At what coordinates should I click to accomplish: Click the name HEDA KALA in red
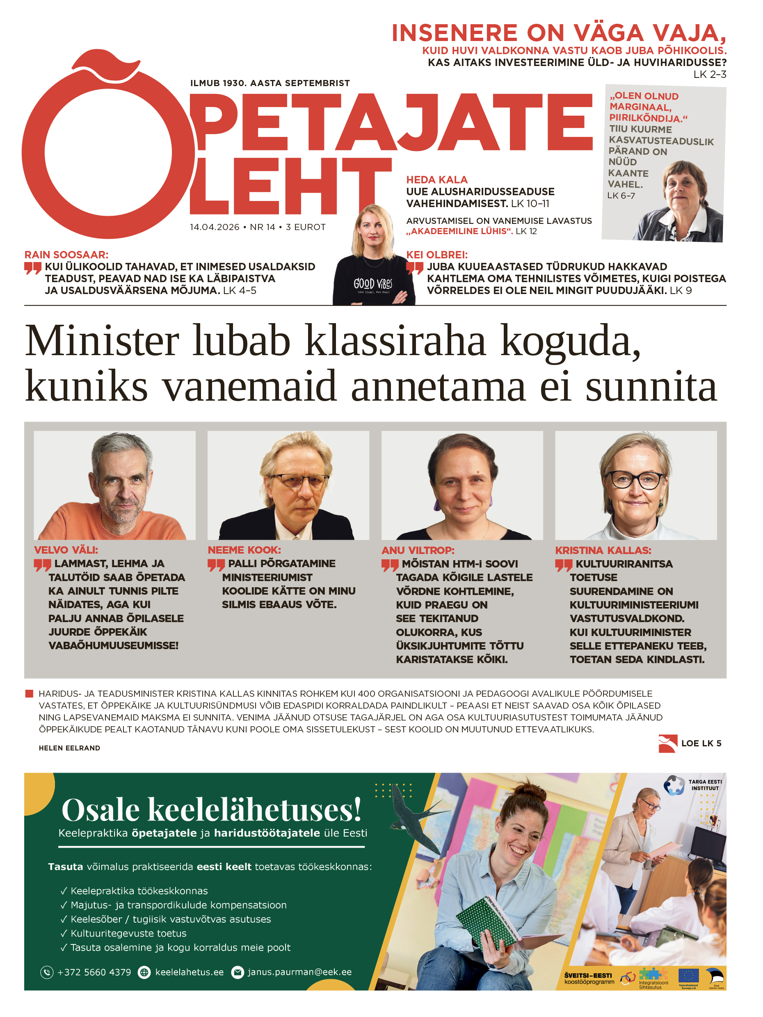click(436, 180)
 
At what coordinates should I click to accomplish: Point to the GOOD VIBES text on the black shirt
click(372, 283)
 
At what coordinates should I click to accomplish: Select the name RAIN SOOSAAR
click(66, 255)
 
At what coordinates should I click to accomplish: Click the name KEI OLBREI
click(436, 255)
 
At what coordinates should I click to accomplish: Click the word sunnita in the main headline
click(650, 386)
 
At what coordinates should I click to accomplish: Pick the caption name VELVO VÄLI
click(66, 550)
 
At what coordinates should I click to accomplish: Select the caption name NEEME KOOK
click(244, 550)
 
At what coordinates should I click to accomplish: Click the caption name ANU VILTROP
click(418, 550)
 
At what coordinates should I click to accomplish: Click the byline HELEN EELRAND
click(69, 748)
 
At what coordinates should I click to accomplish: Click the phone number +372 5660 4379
click(94, 972)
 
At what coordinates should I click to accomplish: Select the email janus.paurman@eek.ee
click(299, 972)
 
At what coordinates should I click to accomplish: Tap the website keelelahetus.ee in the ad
click(189, 972)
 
